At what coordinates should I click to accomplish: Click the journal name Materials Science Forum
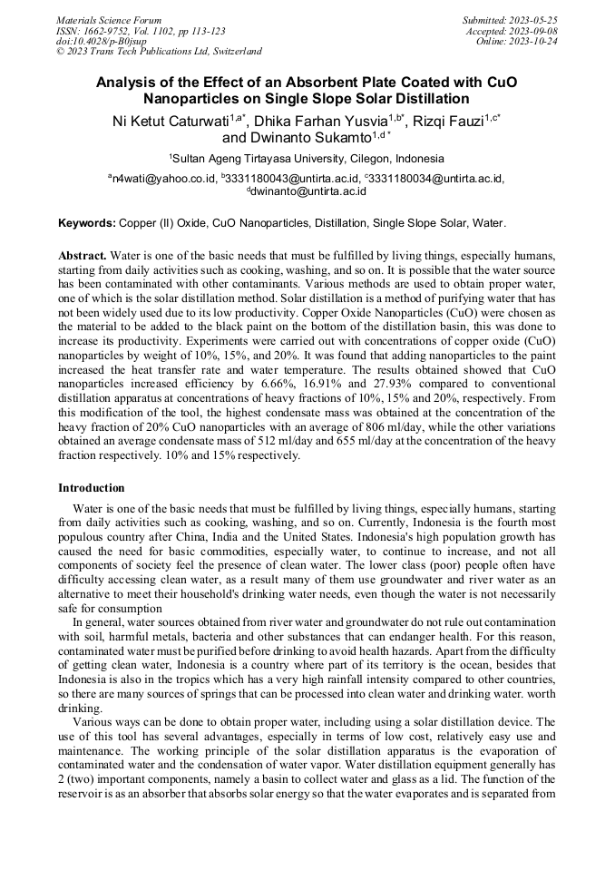(x=109, y=20)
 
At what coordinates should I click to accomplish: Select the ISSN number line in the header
(x=141, y=31)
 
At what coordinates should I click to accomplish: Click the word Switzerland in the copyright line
(x=235, y=52)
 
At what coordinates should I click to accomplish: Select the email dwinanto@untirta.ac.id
(x=309, y=191)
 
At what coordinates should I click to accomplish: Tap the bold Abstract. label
(x=83, y=256)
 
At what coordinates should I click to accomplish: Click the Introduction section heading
(x=92, y=488)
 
